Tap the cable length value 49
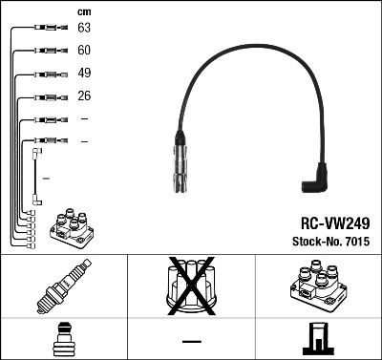[84, 74]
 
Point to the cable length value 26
[84, 96]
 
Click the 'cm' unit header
[83, 11]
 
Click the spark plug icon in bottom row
[63, 287]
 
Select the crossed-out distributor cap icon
[190, 286]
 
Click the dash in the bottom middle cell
[191, 340]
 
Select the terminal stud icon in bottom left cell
[63, 339]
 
